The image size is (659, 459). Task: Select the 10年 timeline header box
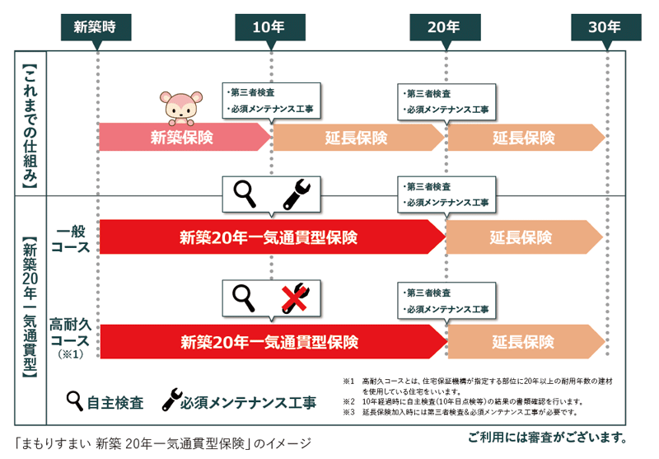[x=269, y=26]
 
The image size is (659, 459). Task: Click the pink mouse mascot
[x=179, y=106]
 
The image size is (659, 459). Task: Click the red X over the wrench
[x=295, y=297]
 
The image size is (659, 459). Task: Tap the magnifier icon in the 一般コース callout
[x=245, y=194]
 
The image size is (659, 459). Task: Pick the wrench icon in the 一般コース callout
[x=295, y=194]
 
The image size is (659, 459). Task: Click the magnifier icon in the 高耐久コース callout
[x=244, y=297]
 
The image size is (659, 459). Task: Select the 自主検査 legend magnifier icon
[x=75, y=400]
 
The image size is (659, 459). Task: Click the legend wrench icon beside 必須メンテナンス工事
[x=171, y=400]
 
